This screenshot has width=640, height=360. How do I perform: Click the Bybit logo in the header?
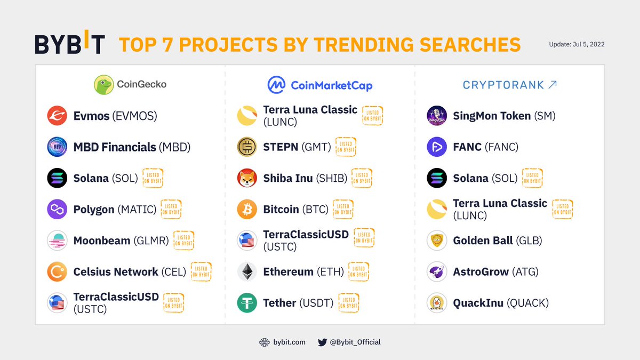click(70, 44)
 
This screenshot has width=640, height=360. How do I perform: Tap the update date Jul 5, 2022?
click(577, 44)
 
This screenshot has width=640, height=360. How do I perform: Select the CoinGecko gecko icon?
click(103, 84)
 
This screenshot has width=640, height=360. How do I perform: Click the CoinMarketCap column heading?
click(319, 85)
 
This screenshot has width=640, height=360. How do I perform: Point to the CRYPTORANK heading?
click(509, 85)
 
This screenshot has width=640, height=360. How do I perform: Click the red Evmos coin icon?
click(57, 116)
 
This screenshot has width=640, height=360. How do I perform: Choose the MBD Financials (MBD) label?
click(132, 147)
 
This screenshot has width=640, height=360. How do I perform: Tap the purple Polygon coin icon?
click(57, 209)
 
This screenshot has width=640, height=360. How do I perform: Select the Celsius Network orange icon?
click(57, 271)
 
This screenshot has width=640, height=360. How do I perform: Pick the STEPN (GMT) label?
click(297, 147)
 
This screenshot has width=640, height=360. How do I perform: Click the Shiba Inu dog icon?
click(247, 178)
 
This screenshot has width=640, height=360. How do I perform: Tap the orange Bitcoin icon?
click(247, 209)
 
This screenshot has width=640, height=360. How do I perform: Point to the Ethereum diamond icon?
click(247, 271)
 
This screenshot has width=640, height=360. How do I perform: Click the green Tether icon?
click(247, 303)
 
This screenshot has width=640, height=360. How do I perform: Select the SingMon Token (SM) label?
click(504, 116)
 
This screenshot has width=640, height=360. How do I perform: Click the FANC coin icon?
click(437, 147)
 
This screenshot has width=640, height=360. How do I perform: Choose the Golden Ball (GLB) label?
click(498, 241)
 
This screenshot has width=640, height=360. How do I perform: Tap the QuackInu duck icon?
click(437, 303)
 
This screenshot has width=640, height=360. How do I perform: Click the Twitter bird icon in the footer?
click(322, 342)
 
